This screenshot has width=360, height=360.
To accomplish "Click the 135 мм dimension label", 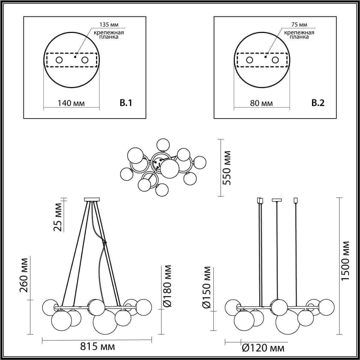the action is (x=109, y=25).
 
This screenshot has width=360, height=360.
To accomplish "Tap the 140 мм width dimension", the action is (x=71, y=103).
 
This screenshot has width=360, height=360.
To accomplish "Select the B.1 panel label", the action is (x=126, y=103).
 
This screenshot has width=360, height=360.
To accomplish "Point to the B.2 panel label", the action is (x=318, y=103).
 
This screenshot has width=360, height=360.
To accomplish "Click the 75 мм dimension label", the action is (x=299, y=25).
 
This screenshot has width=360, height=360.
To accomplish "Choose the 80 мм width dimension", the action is (x=262, y=103).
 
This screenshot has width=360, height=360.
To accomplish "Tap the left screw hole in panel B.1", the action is (x=59, y=60).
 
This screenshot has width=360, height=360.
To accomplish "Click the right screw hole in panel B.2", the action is (x=275, y=60).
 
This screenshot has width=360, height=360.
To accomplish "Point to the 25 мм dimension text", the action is (x=58, y=217).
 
